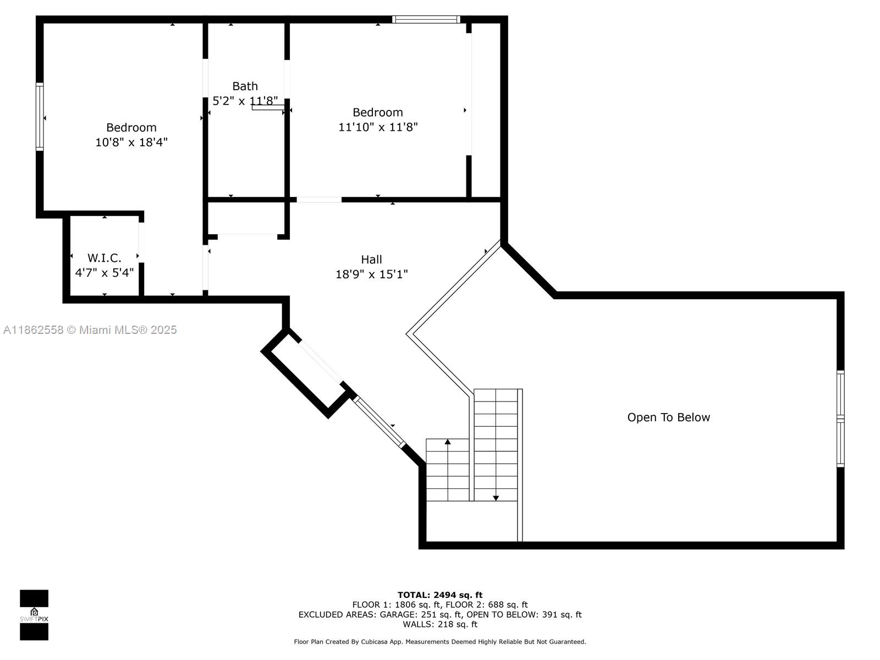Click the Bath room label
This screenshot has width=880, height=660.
click(x=245, y=86)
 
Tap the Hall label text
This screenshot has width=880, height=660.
click(x=371, y=260)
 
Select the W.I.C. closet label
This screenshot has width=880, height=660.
click(x=105, y=257)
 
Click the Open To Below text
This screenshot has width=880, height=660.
click(x=668, y=417)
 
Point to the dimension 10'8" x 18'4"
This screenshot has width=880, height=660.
click(x=131, y=142)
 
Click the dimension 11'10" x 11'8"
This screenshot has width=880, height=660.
click(x=378, y=127)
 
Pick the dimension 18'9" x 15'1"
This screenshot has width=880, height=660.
click(x=371, y=274)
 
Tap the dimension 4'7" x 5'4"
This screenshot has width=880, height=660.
click(x=105, y=272)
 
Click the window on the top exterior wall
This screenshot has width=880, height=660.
click(x=426, y=19)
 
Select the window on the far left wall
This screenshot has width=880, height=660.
click(x=40, y=117)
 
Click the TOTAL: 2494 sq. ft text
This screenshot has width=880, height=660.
click(x=440, y=595)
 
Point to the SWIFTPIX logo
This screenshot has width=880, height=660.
click(x=34, y=615)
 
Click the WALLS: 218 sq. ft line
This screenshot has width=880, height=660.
click(x=440, y=624)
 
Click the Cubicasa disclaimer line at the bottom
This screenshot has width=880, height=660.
click(x=440, y=641)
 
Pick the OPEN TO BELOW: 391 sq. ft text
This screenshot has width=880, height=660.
click(x=524, y=615)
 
